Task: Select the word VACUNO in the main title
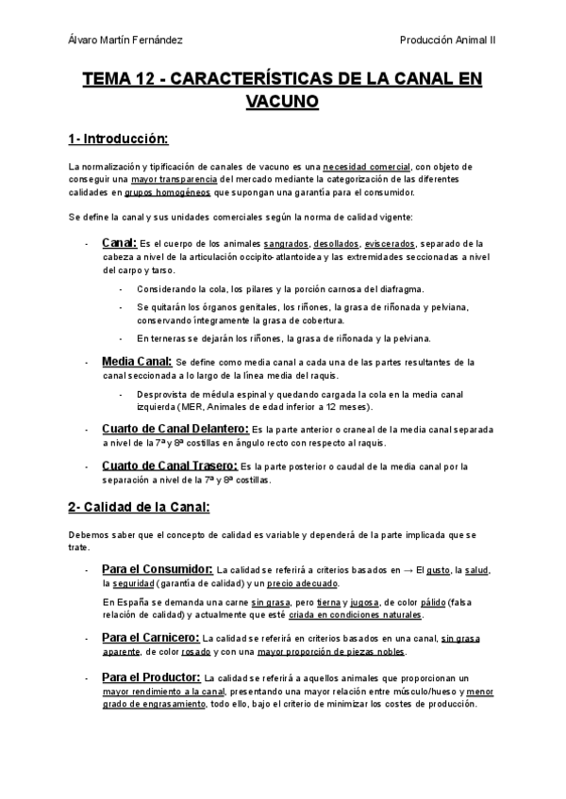click(282, 101)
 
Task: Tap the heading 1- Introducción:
click(117, 139)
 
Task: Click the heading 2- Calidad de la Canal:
click(139, 508)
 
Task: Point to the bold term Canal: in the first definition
click(118, 242)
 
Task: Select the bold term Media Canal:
click(137, 361)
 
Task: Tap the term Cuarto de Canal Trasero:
click(171, 465)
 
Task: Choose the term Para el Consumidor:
click(157, 570)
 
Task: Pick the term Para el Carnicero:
click(151, 638)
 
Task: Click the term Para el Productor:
click(151, 677)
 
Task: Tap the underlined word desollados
click(336, 243)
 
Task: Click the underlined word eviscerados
click(391, 243)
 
